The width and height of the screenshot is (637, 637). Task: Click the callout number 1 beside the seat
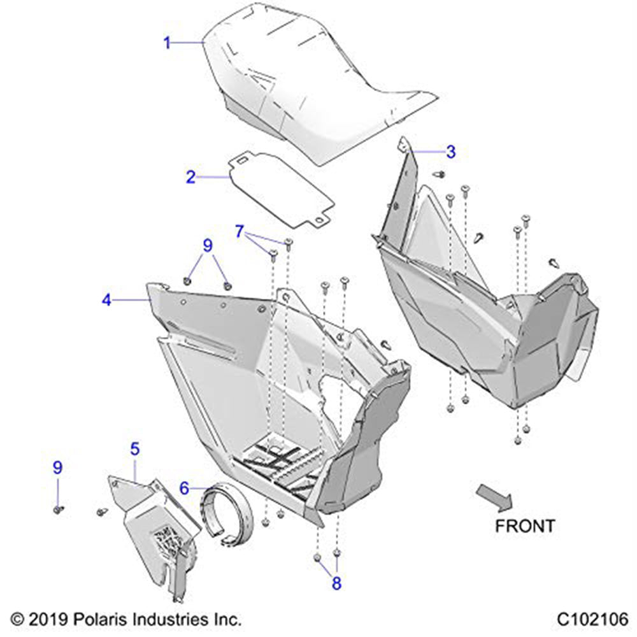(167, 43)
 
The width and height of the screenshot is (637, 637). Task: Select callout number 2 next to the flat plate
(190, 177)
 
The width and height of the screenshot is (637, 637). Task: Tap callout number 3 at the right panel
(451, 152)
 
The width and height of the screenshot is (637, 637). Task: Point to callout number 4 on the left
(106, 300)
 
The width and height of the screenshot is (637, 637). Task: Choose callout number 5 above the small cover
(135, 449)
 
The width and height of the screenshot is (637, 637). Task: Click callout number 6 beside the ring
(185, 488)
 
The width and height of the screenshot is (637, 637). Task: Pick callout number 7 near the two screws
(240, 232)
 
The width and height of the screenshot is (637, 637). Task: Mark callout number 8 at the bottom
(336, 583)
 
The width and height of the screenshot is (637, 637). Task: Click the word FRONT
(525, 526)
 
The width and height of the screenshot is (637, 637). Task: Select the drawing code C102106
(592, 620)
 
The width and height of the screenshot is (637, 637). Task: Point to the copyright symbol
(17, 620)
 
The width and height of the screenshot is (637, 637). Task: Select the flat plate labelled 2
(282, 189)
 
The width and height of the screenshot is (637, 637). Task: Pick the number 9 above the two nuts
(208, 245)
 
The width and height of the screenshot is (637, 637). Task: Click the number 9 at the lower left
(58, 468)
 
